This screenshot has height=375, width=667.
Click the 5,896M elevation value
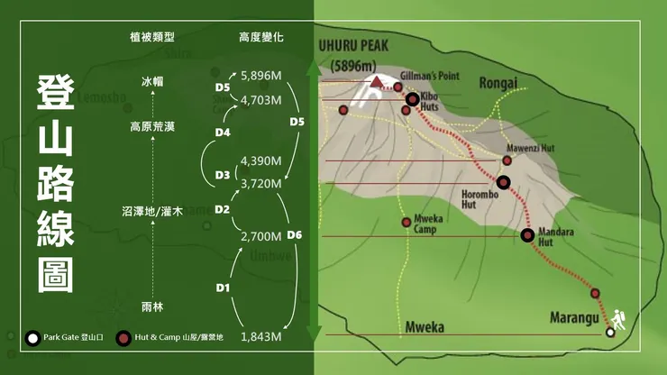point(261,78)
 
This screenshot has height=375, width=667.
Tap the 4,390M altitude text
point(261,161)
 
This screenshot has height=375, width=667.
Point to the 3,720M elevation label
point(261,183)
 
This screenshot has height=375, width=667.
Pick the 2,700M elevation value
point(261,236)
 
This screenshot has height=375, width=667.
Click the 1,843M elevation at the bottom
point(261,337)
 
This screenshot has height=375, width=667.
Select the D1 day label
point(224,288)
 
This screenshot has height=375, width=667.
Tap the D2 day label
point(224,209)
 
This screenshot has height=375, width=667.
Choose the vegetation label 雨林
point(153,307)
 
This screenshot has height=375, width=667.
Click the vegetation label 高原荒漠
point(153,127)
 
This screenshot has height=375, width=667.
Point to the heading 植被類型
point(152,38)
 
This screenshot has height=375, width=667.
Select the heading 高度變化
point(261,38)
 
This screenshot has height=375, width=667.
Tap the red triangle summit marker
point(374,84)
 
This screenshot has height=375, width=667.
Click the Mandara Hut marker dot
point(527,235)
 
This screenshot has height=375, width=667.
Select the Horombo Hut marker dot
point(503,182)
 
